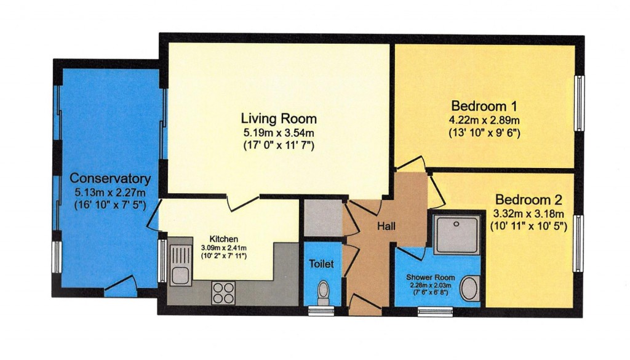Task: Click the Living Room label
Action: pos(279,118)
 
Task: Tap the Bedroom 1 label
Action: pos(485,104)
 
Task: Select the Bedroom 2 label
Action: pos(528,200)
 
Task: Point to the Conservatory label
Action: pos(110,178)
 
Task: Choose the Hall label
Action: pos(386,226)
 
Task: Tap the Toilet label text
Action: pos(321,264)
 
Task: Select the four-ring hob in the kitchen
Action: pos(223,292)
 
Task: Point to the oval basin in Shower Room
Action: pos(471,289)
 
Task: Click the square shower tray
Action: pos(456,234)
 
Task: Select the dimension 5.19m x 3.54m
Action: pos(279,132)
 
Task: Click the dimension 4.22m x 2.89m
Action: pos(485,119)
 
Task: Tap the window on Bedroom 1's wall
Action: pos(578,103)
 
